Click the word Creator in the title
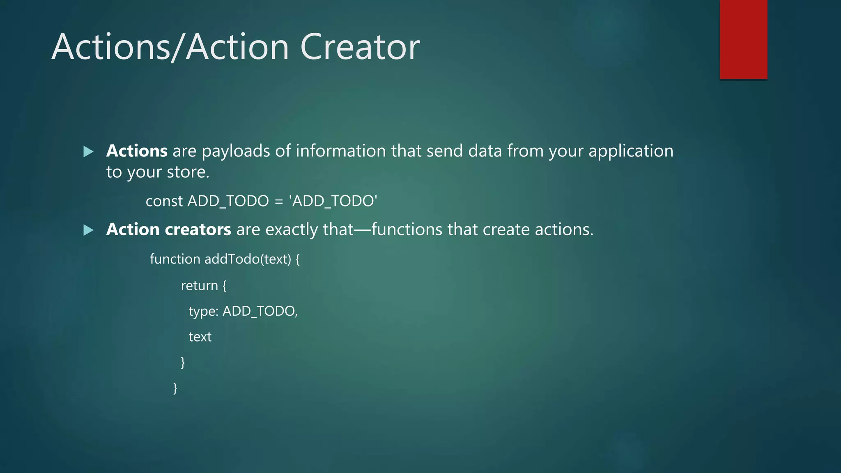360,47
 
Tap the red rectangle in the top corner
743,39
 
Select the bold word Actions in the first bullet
137,151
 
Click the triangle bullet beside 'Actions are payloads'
88,152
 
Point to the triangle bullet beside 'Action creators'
88,230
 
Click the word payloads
236,152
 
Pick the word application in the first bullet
631,152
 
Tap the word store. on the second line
188,172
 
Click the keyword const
164,201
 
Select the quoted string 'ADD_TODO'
333,201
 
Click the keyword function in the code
175,259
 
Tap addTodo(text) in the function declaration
248,259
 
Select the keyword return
199,285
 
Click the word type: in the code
203,312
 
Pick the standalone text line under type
200,337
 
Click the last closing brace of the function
175,388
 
